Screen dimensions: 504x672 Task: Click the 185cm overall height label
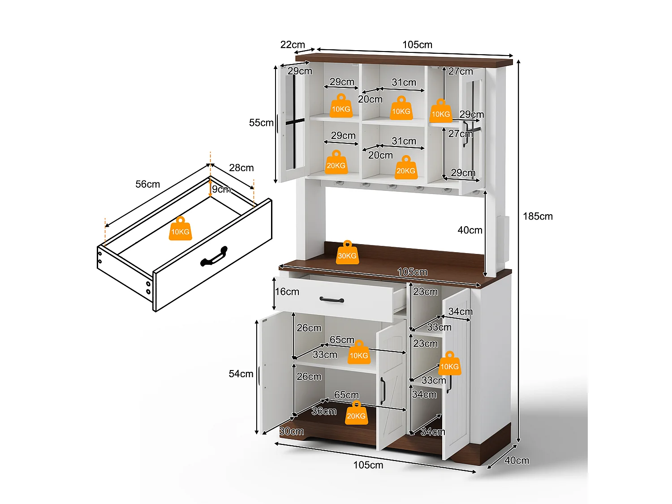pyautogui.click(x=538, y=216)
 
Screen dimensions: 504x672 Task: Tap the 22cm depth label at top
pyautogui.click(x=293, y=45)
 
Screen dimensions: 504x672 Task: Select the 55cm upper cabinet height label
pyautogui.click(x=261, y=123)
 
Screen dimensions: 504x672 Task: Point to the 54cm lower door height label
pyautogui.click(x=241, y=374)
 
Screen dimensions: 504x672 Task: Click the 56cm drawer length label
pyautogui.click(x=147, y=184)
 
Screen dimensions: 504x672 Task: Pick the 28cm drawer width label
pyautogui.click(x=241, y=168)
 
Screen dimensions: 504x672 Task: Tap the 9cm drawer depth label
pyautogui.click(x=221, y=190)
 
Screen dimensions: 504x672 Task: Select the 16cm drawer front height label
pyautogui.click(x=287, y=292)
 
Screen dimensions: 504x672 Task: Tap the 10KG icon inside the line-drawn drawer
pyautogui.click(x=180, y=229)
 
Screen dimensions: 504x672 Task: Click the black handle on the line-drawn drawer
pyautogui.click(x=214, y=257)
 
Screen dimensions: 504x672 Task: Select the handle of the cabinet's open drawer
pyautogui.click(x=332, y=300)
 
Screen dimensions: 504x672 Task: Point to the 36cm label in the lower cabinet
pyautogui.click(x=323, y=411)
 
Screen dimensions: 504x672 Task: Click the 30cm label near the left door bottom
pyautogui.click(x=292, y=431)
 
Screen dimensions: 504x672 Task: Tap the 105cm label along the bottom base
pyautogui.click(x=368, y=465)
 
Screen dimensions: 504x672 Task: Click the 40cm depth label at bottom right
pyautogui.click(x=517, y=461)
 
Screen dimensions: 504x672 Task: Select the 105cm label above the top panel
pyautogui.click(x=417, y=45)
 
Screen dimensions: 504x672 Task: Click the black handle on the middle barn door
pyautogui.click(x=383, y=391)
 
